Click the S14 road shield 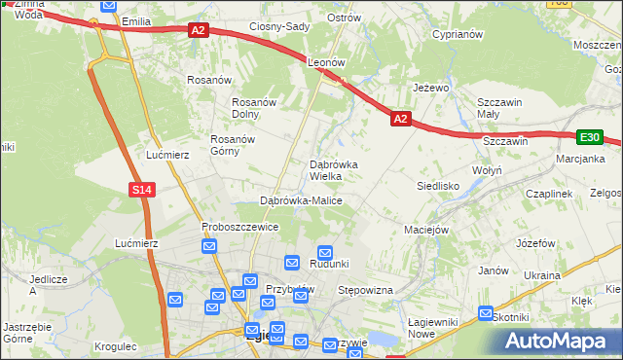point(142,190)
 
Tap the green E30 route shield point(589,137)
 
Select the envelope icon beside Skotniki point(486,313)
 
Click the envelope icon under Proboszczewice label point(209,247)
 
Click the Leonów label point(327,61)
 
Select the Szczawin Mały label point(500,108)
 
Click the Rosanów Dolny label point(256,108)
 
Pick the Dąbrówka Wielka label point(333,170)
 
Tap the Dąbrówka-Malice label point(301,200)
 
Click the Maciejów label point(425,231)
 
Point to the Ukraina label point(542,275)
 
